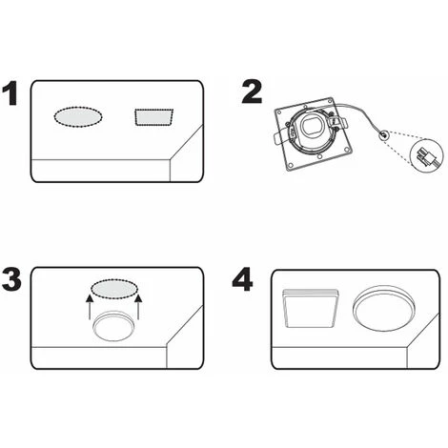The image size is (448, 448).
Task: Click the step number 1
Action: pyautogui.click(x=11, y=95)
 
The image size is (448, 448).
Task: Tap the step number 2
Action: pyautogui.click(x=251, y=92)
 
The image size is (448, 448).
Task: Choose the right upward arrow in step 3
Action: pyautogui.click(x=138, y=306)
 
